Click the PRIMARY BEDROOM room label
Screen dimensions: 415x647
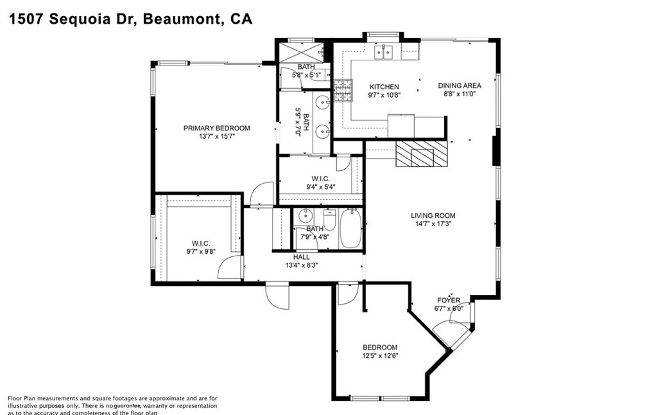(216, 128)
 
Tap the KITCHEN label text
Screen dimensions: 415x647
(384, 87)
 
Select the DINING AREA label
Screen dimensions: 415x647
(460, 85)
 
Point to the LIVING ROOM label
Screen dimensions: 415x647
(433, 216)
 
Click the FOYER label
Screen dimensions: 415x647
(449, 300)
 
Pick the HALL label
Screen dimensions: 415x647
(301, 257)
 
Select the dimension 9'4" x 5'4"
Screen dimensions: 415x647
(320, 188)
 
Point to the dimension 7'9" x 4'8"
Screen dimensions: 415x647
(315, 236)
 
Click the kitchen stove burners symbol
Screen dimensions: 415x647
(343, 90)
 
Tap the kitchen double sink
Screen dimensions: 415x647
(384, 53)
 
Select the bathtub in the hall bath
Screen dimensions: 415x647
(350, 229)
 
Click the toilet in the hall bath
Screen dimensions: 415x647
(330, 220)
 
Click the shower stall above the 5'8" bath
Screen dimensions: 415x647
(305, 51)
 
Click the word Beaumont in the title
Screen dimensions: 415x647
(182, 19)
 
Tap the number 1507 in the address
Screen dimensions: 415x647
(25, 19)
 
